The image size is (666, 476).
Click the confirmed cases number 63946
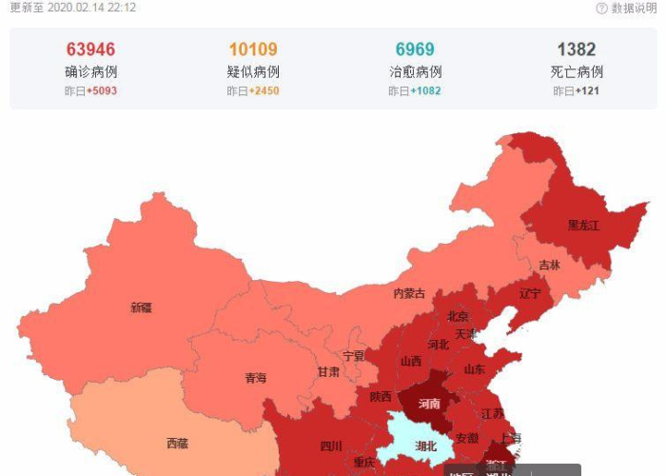coord(91,50)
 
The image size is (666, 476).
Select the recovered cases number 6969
coord(415,50)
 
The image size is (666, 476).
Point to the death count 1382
coord(577,50)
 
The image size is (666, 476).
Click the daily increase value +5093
coord(102,91)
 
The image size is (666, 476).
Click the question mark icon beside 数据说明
coord(601,9)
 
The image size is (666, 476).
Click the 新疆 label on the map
coord(141,307)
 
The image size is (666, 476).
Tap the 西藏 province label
coord(177,443)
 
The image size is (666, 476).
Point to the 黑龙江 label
coord(583,226)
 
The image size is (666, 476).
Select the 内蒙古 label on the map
coord(409,294)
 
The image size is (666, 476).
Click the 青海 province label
coord(255,378)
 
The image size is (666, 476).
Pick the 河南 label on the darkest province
coord(429,404)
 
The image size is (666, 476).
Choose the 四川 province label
coord(330,445)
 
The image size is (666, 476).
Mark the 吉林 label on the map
coord(549,266)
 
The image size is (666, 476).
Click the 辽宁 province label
coord(530,294)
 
